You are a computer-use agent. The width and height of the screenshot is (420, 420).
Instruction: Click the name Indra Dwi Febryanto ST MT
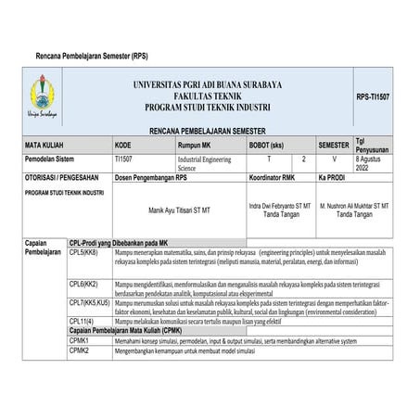pyautogui.click(x=281, y=203)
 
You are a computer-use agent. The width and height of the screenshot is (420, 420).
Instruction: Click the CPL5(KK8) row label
pyautogui.click(x=84, y=252)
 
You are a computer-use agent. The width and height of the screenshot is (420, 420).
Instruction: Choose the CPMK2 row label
pyautogui.click(x=79, y=351)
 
